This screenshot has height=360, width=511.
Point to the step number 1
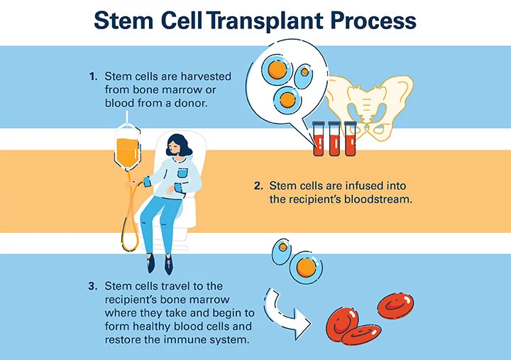pos(93,76)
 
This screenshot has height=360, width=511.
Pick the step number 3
pos(92,286)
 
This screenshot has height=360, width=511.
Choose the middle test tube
pos(334,139)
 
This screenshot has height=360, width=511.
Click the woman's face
pos(175,149)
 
